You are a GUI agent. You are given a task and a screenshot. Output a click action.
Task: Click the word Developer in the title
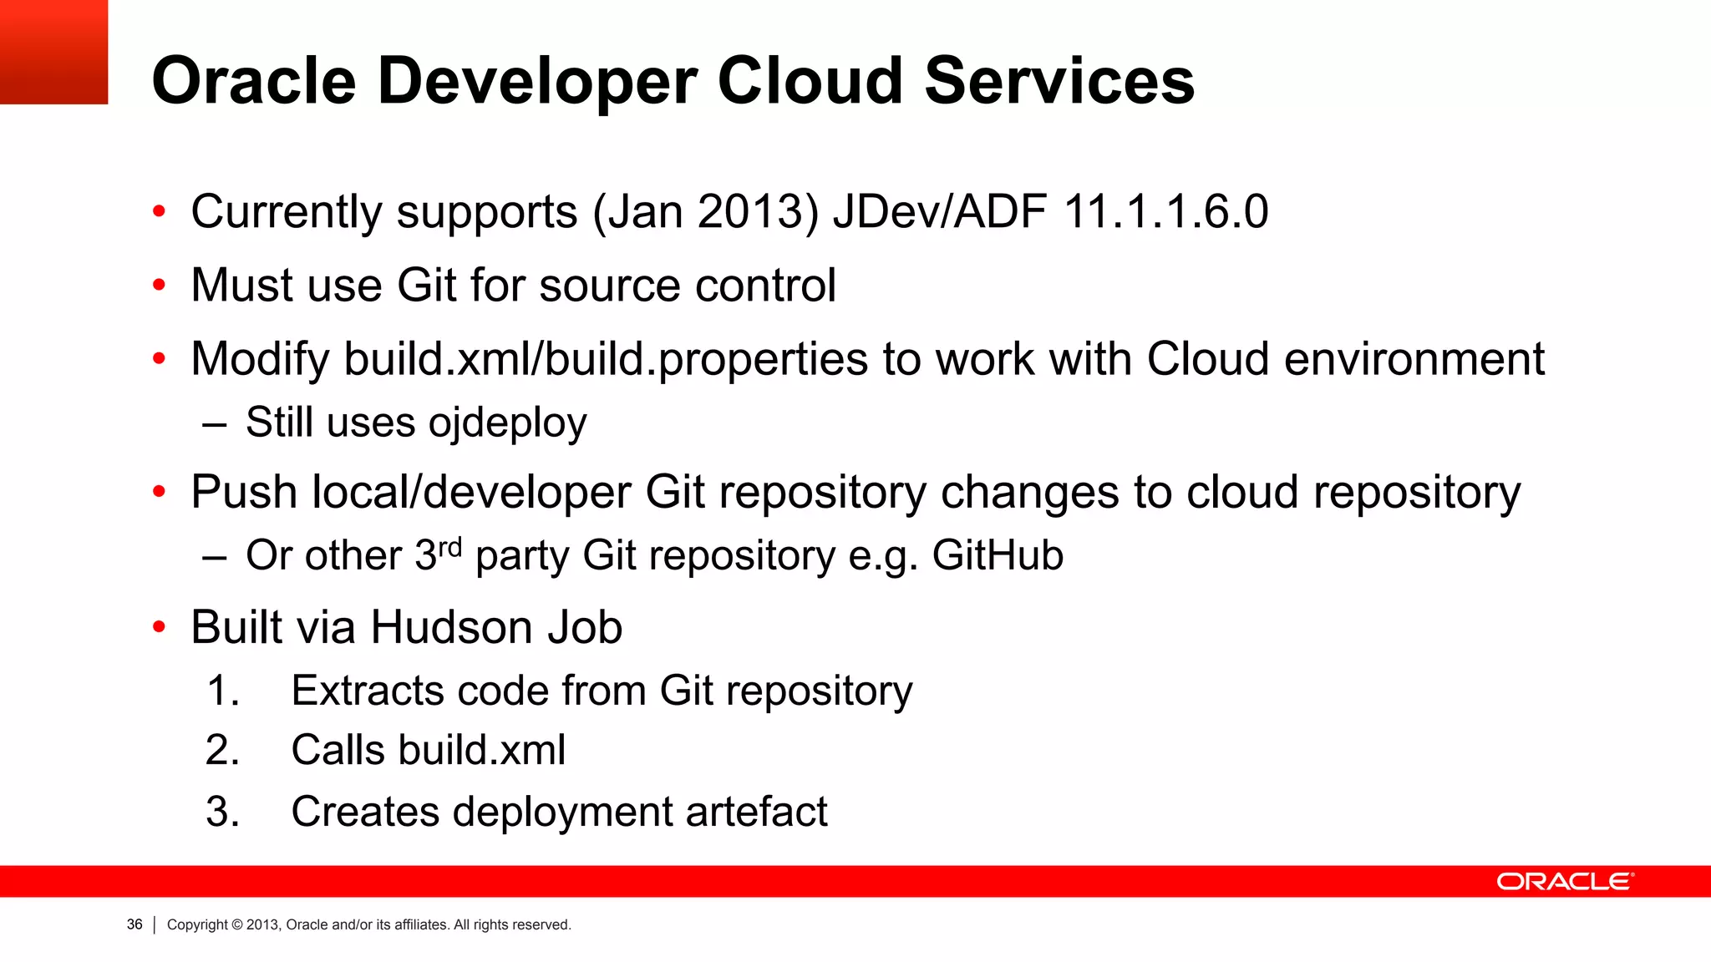(x=537, y=82)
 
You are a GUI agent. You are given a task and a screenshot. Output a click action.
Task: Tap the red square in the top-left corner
(x=53, y=52)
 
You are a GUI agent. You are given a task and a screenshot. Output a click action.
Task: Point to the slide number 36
(x=135, y=924)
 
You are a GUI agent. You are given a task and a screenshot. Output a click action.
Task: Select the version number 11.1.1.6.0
(x=1166, y=211)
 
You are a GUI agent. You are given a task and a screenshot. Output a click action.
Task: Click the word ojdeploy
(x=507, y=423)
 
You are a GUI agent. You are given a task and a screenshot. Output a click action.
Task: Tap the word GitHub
(x=998, y=556)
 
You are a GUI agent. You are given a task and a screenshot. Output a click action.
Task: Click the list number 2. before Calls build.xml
(x=222, y=750)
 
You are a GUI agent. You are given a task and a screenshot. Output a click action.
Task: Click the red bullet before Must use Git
(x=160, y=286)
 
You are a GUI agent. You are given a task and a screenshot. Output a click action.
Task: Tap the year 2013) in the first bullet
(x=758, y=211)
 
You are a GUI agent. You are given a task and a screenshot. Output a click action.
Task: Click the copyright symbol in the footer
(x=237, y=924)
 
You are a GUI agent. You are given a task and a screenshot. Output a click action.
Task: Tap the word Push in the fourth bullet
(x=244, y=492)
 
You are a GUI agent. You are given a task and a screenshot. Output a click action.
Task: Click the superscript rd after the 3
(x=450, y=548)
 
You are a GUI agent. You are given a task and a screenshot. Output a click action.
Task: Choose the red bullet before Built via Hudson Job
(x=160, y=628)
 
